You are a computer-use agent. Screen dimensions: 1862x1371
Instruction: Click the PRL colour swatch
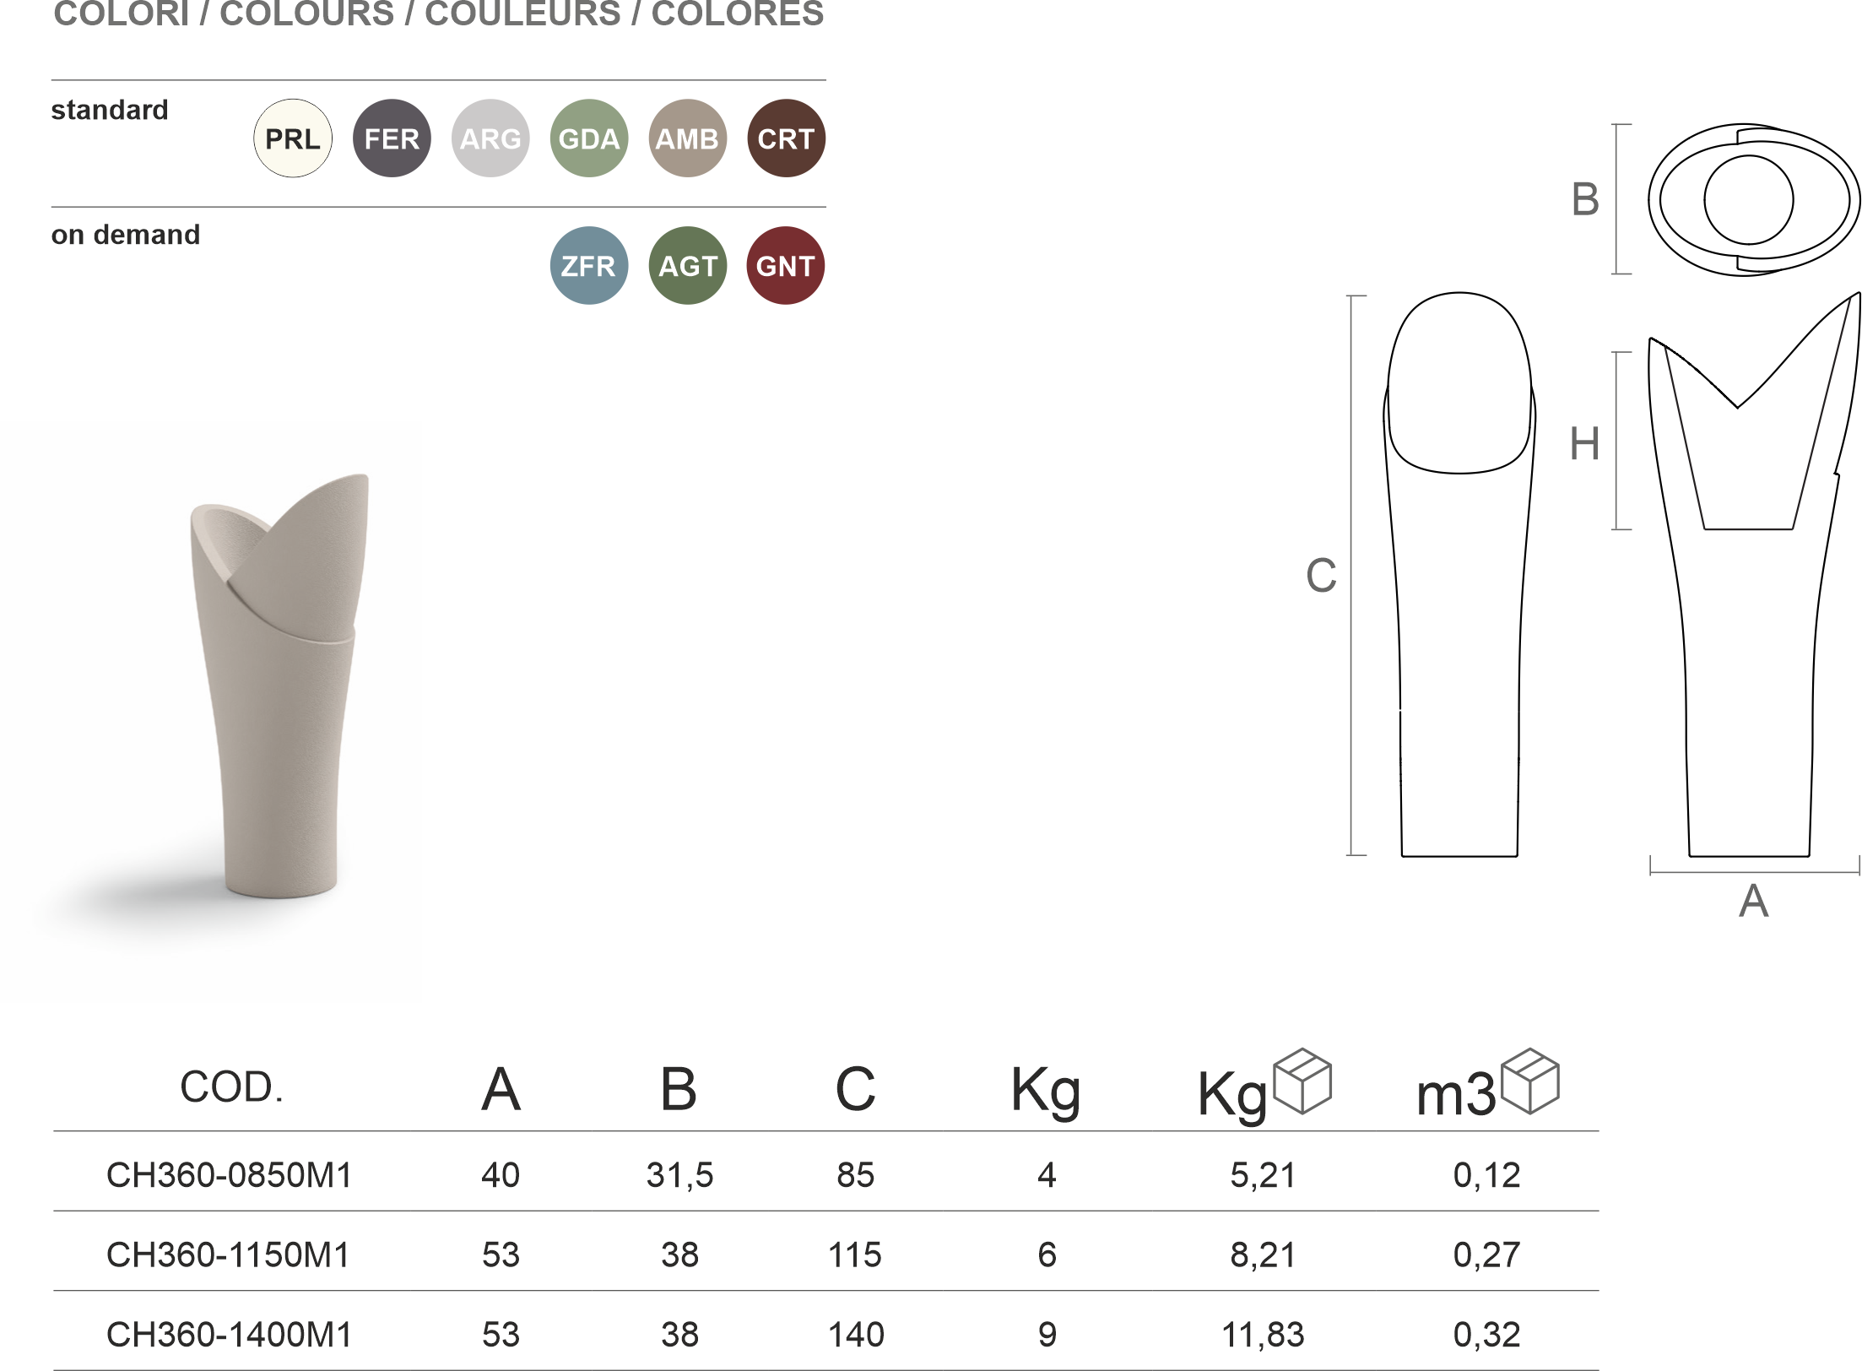click(x=293, y=138)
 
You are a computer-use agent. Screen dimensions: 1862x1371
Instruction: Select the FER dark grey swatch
click(x=392, y=138)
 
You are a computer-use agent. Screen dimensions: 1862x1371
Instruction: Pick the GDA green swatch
click(x=589, y=138)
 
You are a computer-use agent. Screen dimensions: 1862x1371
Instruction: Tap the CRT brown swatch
click(x=786, y=138)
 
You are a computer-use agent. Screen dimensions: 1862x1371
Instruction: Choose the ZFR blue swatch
click(x=589, y=266)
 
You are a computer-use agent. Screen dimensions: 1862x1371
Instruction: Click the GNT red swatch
click(x=785, y=266)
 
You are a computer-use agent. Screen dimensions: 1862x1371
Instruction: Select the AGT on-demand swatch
click(x=688, y=266)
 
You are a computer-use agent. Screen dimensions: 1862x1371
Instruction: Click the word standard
click(x=110, y=110)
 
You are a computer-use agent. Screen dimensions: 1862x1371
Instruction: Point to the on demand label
click(x=126, y=235)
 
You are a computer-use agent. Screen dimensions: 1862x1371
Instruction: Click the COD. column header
click(x=231, y=1087)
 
